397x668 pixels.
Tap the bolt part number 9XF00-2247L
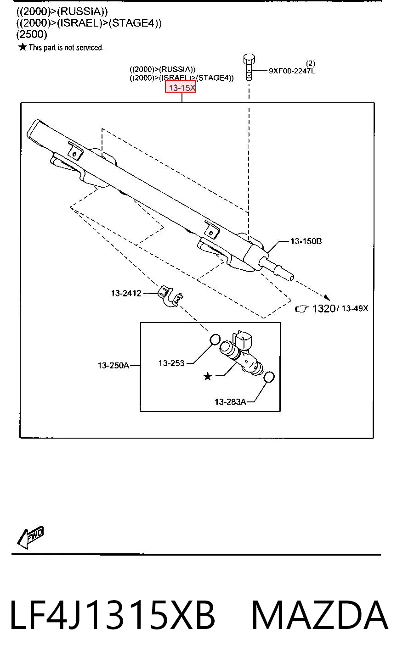pos(292,71)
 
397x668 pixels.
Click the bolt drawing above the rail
pos(249,67)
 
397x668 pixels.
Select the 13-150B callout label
pos(306,241)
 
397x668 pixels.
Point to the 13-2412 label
pos(126,293)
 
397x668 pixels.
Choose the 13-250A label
pos(113,365)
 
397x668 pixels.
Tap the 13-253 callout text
pos(171,363)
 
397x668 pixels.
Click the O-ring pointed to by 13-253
pos(215,340)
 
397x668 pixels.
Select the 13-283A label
pos(230,402)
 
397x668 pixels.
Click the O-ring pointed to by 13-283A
pos(269,377)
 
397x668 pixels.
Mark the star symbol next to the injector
pos(208,376)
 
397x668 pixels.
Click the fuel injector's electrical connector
pos(244,339)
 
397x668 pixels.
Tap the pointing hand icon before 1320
pos(302,309)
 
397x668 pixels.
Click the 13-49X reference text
pos(355,308)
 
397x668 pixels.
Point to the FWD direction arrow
pos(30,536)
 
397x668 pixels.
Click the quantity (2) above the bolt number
pos(310,63)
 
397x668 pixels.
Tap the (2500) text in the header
pos(32,34)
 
